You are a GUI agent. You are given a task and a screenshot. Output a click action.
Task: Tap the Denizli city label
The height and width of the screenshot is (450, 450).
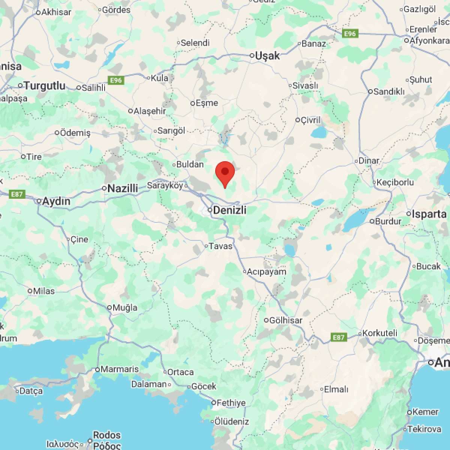click(x=229, y=210)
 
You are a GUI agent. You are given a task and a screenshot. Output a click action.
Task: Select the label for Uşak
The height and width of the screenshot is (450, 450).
click(x=267, y=56)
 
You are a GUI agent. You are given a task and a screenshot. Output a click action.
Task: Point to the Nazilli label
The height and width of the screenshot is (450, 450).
click(x=123, y=188)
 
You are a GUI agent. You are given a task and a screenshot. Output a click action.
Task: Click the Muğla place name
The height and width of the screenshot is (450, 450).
click(x=125, y=307)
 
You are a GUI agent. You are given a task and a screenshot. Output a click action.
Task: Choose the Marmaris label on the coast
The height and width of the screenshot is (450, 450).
click(x=120, y=369)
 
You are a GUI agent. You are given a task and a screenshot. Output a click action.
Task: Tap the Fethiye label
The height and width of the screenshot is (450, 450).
click(x=231, y=403)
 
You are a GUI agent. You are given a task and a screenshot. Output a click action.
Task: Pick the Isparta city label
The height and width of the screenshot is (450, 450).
click(x=429, y=214)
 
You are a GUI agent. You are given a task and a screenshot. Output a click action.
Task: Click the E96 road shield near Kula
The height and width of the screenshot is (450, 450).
click(x=116, y=80)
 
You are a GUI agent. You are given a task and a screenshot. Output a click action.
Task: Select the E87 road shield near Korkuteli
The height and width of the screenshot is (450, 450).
click(x=339, y=337)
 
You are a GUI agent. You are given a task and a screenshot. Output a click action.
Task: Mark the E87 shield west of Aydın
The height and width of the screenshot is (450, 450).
click(x=17, y=194)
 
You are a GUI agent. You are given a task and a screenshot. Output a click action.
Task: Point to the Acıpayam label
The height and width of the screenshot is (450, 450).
click(x=267, y=271)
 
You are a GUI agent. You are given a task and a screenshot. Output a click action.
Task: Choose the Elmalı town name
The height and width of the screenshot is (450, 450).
click(x=336, y=389)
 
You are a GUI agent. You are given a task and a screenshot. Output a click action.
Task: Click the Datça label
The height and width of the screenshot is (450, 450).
click(x=31, y=391)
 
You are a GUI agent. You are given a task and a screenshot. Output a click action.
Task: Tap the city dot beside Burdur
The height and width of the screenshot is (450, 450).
click(x=372, y=221)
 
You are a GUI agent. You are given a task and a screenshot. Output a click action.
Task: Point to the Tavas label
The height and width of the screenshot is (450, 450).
click(x=220, y=246)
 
